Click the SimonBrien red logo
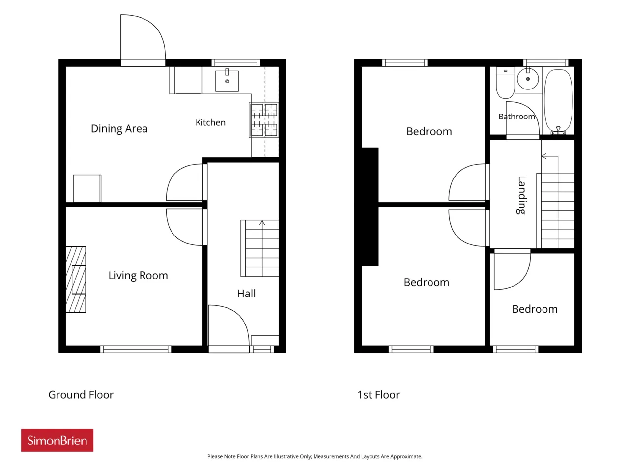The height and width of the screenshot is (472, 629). [57, 440]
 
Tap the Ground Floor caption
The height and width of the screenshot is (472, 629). [81, 395]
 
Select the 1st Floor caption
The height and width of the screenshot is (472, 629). [378, 395]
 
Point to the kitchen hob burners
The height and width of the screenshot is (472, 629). [263, 120]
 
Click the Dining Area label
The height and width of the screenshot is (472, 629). [119, 129]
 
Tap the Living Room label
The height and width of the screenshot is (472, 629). [138, 276]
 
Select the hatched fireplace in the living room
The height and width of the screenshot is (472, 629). [76, 279]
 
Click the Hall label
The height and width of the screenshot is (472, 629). [246, 294]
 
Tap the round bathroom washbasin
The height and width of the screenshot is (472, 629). [528, 79]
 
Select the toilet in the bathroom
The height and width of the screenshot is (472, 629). [506, 83]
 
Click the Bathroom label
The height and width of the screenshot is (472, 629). [516, 117]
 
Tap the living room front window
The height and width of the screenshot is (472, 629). [136, 349]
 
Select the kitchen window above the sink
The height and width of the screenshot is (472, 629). [235, 63]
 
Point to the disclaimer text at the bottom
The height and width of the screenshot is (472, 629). [314, 456]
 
